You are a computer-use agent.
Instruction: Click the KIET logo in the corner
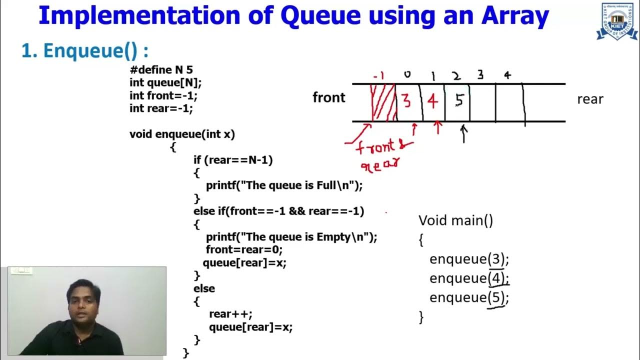[x=616, y=20]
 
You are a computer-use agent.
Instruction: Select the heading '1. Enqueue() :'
[x=85, y=50]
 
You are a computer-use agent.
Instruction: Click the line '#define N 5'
[x=161, y=70]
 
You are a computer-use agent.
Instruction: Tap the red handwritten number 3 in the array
[x=406, y=101]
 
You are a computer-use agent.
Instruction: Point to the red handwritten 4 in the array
[x=432, y=101]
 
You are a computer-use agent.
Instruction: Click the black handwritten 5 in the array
[x=459, y=100]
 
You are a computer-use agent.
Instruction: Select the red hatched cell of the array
[x=383, y=102]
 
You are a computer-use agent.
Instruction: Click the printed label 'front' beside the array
[x=328, y=97]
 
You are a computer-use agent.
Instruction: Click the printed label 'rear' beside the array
[x=590, y=99]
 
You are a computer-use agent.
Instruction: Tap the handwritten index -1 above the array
[x=378, y=76]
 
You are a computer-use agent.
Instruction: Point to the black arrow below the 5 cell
[x=463, y=133]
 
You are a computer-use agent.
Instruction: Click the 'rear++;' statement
[x=230, y=314]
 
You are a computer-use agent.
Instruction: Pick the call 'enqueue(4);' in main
[x=469, y=278]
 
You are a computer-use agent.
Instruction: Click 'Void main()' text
[x=455, y=220]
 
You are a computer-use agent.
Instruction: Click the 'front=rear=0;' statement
[x=244, y=249]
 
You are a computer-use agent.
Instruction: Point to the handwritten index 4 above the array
[x=507, y=75]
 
